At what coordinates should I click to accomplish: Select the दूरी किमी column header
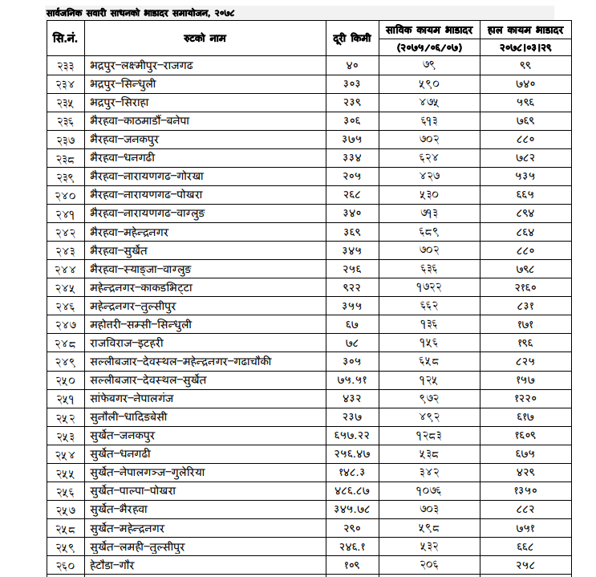pyautogui.click(x=351, y=39)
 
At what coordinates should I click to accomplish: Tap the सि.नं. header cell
pyautogui.click(x=65, y=39)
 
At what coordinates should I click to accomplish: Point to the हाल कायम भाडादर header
pyautogui.click(x=526, y=30)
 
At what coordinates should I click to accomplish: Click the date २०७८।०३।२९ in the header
pyautogui.click(x=526, y=48)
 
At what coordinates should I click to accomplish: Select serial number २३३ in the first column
pyautogui.click(x=65, y=66)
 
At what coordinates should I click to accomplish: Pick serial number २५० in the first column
pyautogui.click(x=65, y=380)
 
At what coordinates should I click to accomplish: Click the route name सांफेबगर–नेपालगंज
pyautogui.click(x=138, y=399)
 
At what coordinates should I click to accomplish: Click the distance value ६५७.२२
pyautogui.click(x=351, y=436)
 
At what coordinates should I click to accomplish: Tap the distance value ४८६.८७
pyautogui.click(x=351, y=491)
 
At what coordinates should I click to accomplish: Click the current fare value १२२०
pyautogui.click(x=526, y=399)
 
